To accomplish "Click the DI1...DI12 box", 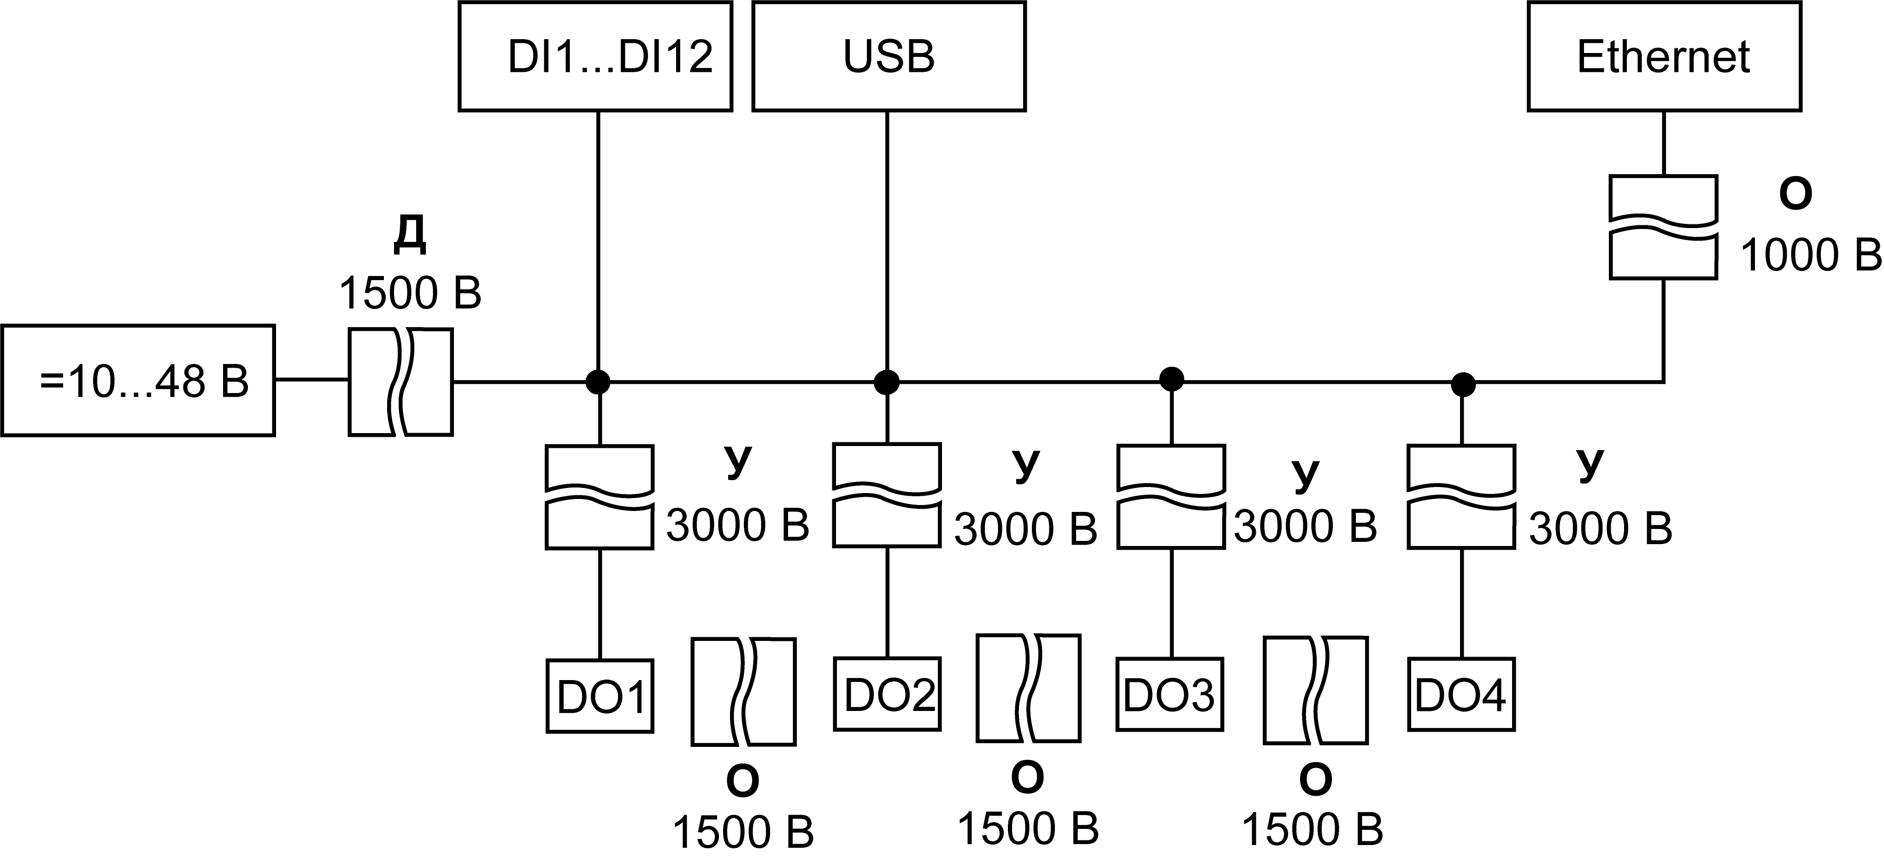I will click(595, 56).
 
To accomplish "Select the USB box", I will click(889, 56).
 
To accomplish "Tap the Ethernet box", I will click(1664, 56).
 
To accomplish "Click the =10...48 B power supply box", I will click(138, 380).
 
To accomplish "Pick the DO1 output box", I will click(600, 696).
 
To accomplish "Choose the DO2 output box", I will click(887, 694).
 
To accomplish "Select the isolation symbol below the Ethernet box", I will click(1664, 227).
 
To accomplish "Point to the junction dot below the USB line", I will click(887, 382).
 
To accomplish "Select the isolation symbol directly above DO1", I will click(600, 497).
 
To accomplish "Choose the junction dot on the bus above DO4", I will click(1463, 384).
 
